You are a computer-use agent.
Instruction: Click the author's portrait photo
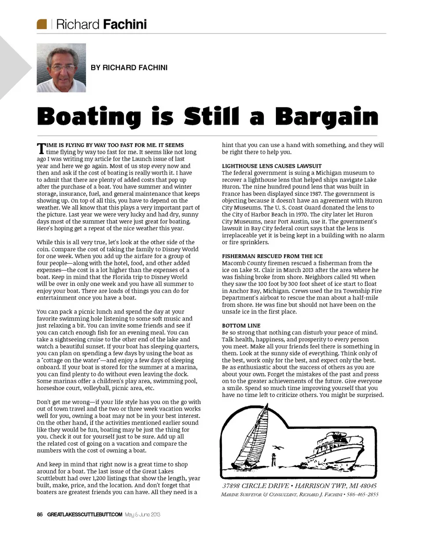(x=61, y=67)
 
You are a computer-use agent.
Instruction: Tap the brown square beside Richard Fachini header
(x=42, y=24)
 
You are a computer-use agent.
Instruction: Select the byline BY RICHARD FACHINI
(x=129, y=67)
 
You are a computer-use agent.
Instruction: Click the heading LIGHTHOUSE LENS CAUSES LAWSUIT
(x=271, y=166)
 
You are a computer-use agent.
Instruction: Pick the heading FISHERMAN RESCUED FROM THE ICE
(x=272, y=256)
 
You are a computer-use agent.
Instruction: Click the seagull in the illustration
(x=277, y=447)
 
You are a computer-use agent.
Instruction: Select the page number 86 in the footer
(x=40, y=514)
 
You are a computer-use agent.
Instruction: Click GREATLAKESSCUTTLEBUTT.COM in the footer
(x=85, y=514)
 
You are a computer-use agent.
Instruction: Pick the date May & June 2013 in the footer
(x=142, y=514)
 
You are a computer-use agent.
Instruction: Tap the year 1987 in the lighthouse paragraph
(x=314, y=194)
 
